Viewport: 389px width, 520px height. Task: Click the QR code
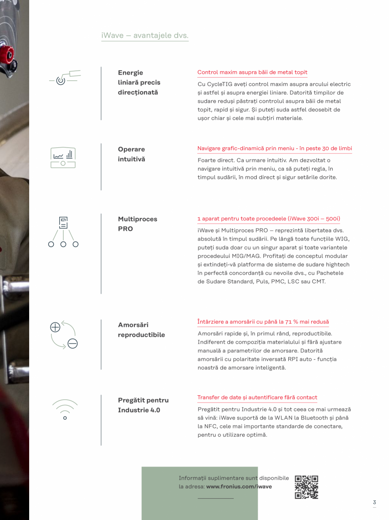coord(306,487)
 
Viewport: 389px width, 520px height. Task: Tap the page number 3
coord(374,502)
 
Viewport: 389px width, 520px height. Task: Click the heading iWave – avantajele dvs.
coord(145,35)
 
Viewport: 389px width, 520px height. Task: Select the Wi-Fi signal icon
coord(65,409)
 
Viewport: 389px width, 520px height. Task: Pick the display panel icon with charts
coord(63,157)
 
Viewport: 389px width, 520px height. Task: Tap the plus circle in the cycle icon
coord(55,327)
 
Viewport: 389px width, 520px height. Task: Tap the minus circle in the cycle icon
coord(72,344)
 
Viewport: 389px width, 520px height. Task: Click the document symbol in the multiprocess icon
coord(63,222)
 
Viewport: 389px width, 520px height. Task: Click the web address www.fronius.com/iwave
coord(239,486)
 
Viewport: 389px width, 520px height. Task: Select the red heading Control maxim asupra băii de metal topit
coord(252,72)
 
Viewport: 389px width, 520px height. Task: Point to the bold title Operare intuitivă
coord(131,154)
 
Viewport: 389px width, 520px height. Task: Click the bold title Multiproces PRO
coord(138,224)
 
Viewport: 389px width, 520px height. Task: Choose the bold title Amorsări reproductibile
coord(141,330)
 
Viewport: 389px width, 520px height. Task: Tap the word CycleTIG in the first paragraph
coord(216,84)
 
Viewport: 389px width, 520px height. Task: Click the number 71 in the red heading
coord(288,322)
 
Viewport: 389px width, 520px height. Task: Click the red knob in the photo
coord(7,54)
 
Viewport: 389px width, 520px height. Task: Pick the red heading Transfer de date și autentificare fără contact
coord(257,397)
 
